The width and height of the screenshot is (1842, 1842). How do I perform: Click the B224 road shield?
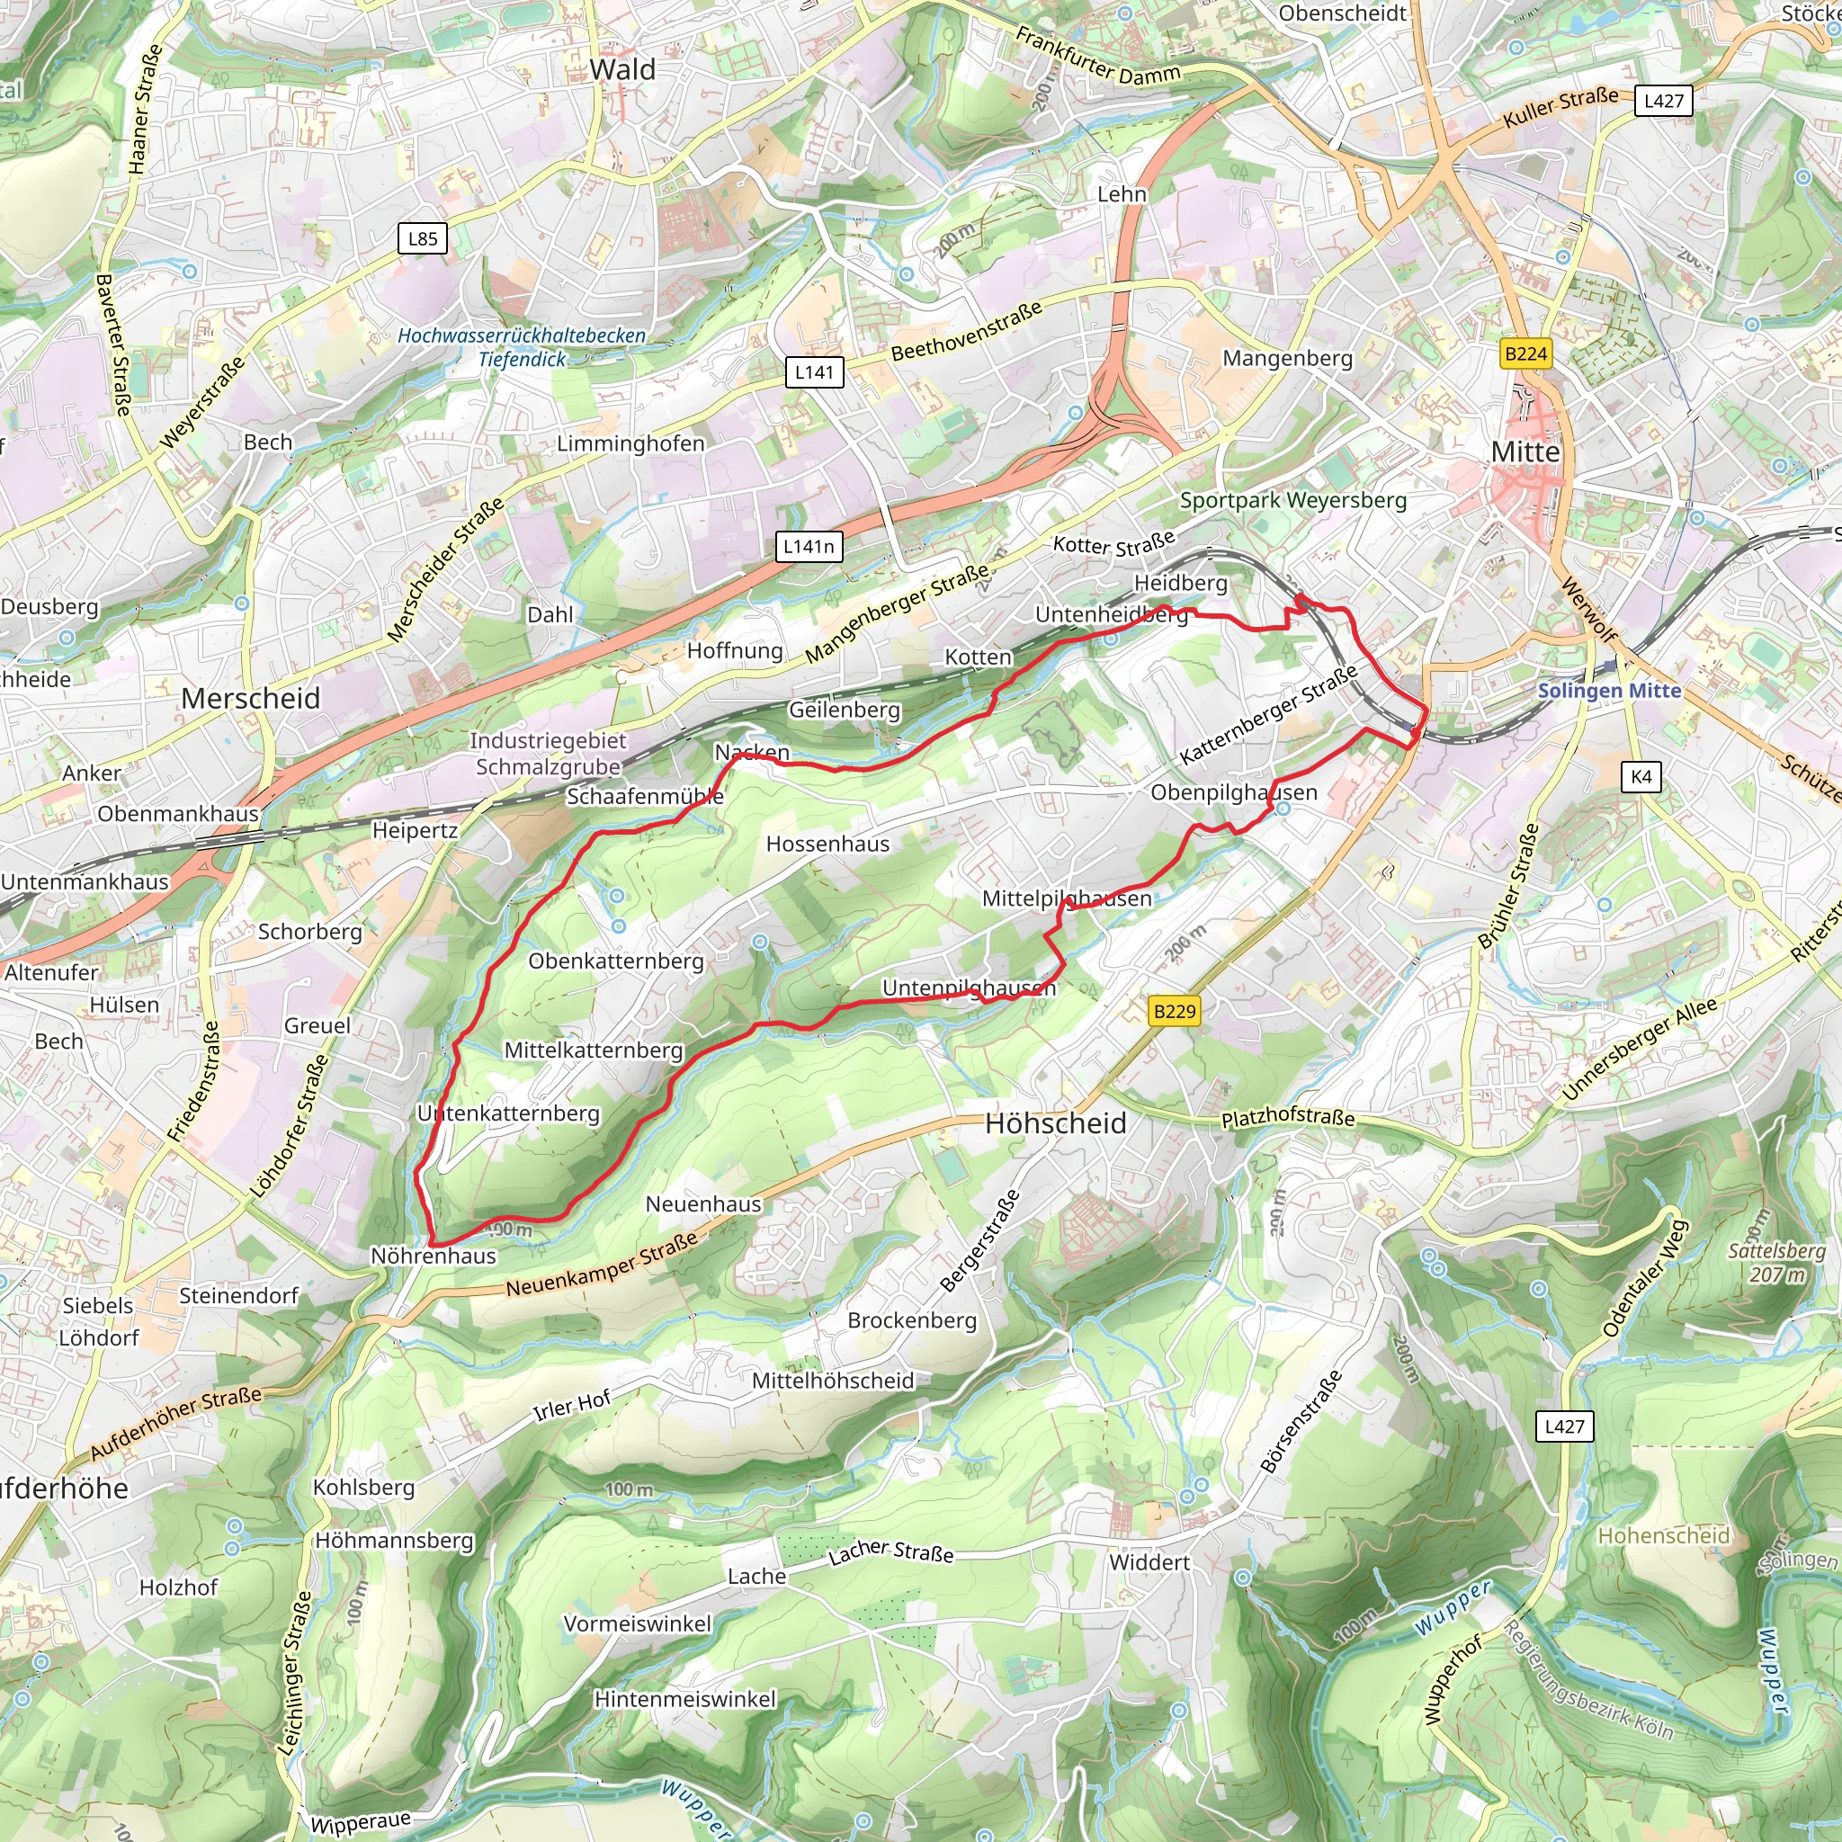[1525, 353]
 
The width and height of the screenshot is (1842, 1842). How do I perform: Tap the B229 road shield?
[1174, 1011]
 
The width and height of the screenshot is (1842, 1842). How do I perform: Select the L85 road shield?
[423, 238]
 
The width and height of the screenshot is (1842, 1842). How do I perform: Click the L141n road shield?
[809, 546]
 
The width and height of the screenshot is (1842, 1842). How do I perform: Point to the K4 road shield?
[1641, 776]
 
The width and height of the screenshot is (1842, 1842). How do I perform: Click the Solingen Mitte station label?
[1608, 690]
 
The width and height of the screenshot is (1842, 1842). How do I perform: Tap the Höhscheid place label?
[1055, 1123]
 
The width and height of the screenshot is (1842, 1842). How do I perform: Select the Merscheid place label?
[251, 698]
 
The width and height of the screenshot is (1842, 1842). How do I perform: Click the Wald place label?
[621, 69]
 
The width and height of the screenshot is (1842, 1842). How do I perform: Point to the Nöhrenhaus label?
[434, 1256]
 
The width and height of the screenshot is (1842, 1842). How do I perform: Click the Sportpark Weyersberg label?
[1292, 501]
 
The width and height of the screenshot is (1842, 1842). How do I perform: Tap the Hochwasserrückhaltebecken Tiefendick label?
[522, 347]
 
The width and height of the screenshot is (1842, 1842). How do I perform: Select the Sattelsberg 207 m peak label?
[1776, 1262]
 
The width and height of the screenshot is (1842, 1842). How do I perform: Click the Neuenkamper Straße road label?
[602, 1265]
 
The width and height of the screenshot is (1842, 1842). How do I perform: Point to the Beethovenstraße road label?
[966, 331]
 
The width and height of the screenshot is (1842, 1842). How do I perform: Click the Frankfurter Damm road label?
[1097, 57]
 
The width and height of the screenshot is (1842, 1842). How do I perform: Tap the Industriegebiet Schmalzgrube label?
[549, 753]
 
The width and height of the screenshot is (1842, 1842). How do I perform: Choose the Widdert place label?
[1149, 1561]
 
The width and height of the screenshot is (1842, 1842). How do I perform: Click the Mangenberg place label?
[1287, 359]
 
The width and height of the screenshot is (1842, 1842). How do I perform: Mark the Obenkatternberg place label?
[616, 961]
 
